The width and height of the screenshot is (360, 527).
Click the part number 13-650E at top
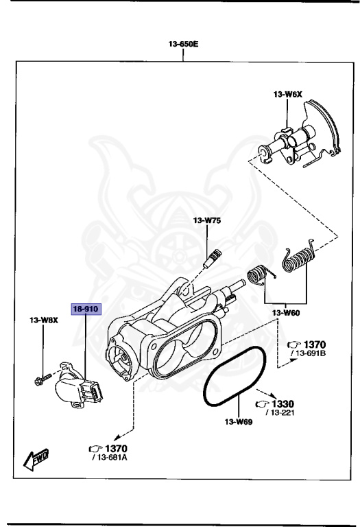click(183, 45)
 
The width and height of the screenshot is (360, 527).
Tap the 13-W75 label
click(206, 220)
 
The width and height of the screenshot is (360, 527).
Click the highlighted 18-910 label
click(86, 309)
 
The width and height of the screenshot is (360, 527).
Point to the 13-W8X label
click(43, 320)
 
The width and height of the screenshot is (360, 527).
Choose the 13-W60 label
click(285, 313)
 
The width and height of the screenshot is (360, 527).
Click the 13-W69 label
click(239, 422)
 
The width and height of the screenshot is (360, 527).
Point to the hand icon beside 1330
click(262, 403)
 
